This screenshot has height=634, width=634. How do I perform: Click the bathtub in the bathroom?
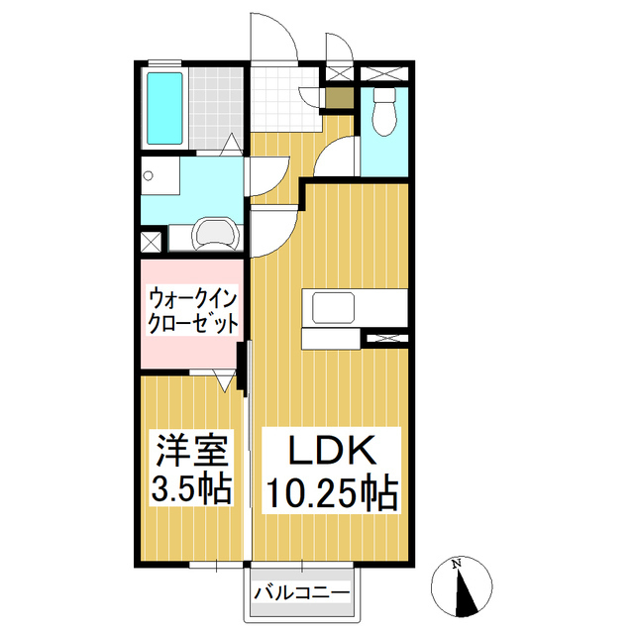click(162, 107)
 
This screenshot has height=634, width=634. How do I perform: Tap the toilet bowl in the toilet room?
click(382, 113)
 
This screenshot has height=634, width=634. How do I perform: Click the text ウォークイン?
click(191, 297)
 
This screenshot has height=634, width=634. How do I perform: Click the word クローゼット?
click(191, 323)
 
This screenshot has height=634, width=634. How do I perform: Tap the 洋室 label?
click(192, 452)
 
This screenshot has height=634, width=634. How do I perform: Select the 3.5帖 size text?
click(192, 488)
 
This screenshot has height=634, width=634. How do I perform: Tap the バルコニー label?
click(301, 593)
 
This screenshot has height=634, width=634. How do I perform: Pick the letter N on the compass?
click(456, 566)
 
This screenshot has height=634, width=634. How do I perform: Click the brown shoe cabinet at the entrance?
click(339, 98)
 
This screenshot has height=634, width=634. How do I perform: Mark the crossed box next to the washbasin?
click(151, 239)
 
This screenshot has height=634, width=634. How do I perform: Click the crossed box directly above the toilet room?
click(381, 73)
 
